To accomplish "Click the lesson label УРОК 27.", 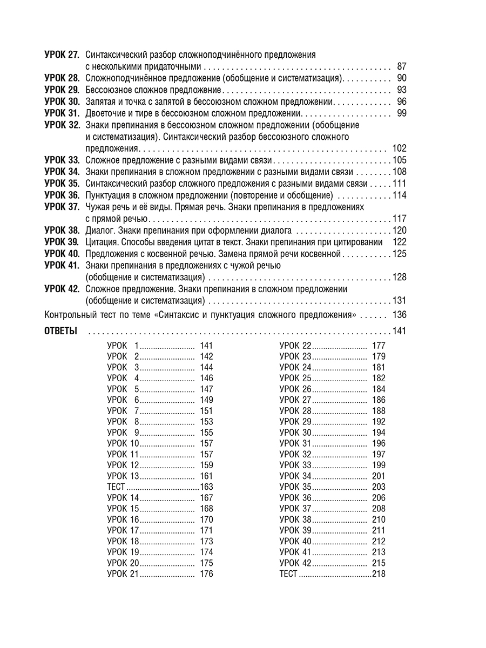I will point(62,55).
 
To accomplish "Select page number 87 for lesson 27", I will point(401,66).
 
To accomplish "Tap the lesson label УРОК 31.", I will point(62,113).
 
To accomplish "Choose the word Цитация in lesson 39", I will point(101,242).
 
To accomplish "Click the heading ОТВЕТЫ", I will point(60,331).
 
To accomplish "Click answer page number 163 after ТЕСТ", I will point(206,487).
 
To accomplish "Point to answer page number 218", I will point(379,574).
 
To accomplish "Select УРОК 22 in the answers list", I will point(295,346).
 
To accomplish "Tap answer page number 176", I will point(206,574).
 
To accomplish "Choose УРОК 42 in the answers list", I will point(295,563).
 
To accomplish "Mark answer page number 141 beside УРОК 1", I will point(206,346).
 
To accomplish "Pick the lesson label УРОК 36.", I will point(62,195).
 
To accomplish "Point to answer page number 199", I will point(379,465).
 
